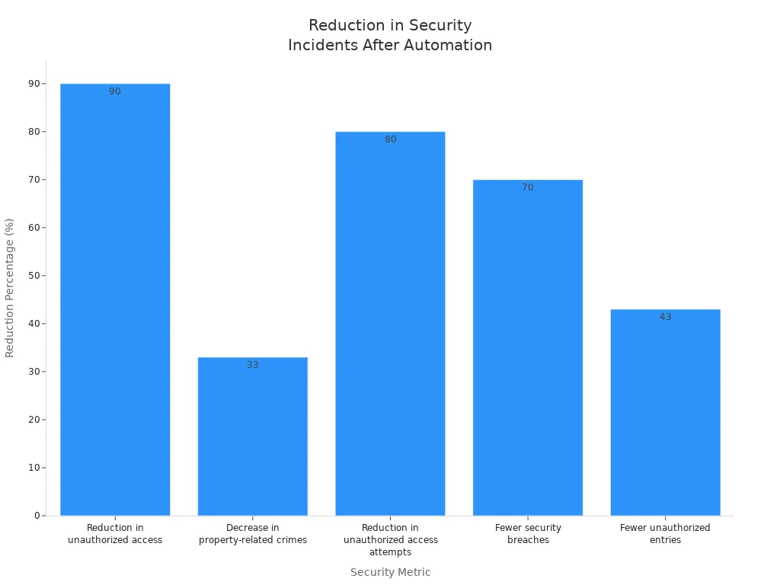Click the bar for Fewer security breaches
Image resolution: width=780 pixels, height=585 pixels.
527,347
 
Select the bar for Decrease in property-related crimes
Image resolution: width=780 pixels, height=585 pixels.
252,436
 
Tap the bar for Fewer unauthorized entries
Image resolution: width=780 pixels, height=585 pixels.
665,412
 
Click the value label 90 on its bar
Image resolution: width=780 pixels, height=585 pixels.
115,91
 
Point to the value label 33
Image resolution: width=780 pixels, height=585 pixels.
252,365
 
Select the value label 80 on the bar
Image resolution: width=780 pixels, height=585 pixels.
390,139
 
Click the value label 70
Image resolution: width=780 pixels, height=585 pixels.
528,187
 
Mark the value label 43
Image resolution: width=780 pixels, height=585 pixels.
665,317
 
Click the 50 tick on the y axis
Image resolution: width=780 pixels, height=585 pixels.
34,276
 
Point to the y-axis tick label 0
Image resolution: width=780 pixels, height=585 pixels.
37,516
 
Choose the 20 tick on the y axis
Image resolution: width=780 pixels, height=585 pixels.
34,420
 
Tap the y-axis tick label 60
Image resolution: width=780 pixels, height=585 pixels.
34,228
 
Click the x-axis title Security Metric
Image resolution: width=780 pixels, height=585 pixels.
390,572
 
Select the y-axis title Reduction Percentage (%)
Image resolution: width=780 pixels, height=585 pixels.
10,287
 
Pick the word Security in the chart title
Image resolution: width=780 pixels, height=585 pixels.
443,26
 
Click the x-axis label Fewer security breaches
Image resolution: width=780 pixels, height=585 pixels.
528,534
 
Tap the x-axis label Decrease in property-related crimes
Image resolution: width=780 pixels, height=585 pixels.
252,534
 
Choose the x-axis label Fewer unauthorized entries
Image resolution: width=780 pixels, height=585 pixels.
665,534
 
